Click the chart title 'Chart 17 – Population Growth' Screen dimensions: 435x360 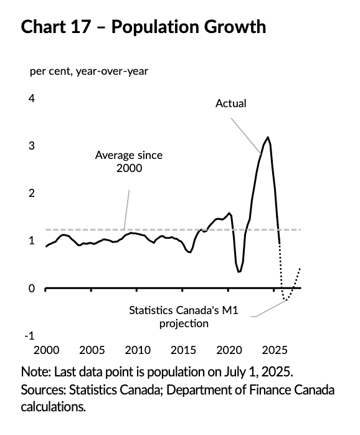pyautogui.click(x=143, y=27)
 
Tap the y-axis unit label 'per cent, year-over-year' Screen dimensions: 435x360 pyautogui.click(x=89, y=70)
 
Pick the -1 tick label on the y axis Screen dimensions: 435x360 pyautogui.click(x=29, y=335)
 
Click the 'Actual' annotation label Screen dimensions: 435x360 pyautogui.click(x=231, y=103)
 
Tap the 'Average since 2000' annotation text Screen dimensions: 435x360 pyautogui.click(x=128, y=161)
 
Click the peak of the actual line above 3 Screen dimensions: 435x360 pyautogui.click(x=268, y=137)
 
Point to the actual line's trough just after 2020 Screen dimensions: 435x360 pyautogui.click(x=239, y=272)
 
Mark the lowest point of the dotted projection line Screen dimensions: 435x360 pyautogui.click(x=286, y=300)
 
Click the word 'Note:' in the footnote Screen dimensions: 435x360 pyautogui.click(x=36, y=371)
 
